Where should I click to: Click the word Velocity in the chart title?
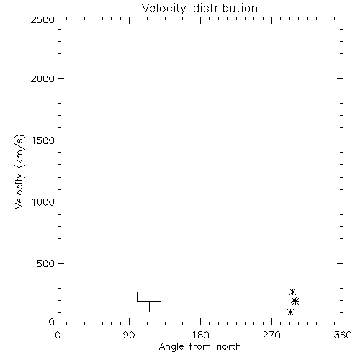coord(163,9)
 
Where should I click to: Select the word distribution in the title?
coord(225,8)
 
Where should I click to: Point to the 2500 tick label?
coord(42,19)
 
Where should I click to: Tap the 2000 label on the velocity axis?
coord(42,78)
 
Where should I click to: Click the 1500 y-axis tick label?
coord(43,140)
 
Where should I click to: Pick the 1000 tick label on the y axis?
coord(43,202)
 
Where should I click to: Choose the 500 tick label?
coord(46,264)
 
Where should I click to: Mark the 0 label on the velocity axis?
coord(52,322)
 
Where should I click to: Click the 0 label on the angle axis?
coord(58,335)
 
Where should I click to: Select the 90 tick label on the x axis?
coord(129,335)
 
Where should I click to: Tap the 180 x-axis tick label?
coord(200,335)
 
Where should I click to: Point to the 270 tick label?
coord(271,335)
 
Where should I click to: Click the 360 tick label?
coord(343,335)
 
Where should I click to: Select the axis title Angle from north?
coord(200,347)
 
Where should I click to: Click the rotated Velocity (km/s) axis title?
coord(19,172)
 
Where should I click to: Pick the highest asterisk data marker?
coord(292,292)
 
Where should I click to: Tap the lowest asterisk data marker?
coord(290,312)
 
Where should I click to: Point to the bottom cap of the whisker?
coord(149,312)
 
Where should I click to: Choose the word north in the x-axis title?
coord(229,347)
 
